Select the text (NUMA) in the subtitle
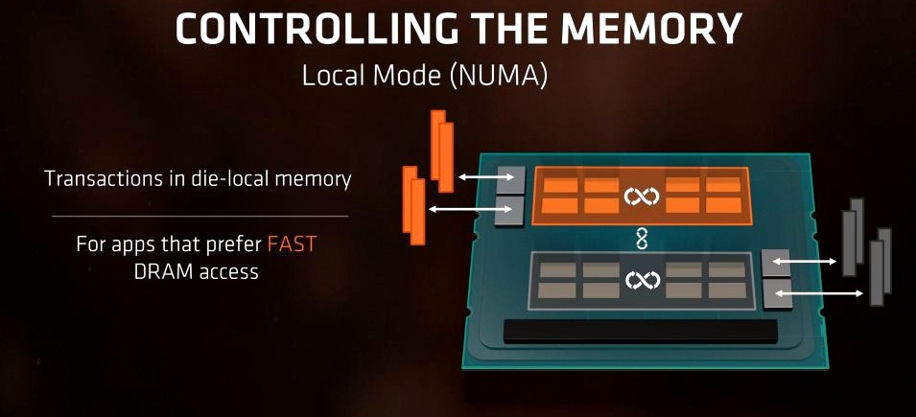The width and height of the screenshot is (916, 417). (499, 77)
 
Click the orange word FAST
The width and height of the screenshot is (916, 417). (291, 243)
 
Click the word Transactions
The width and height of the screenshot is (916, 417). (106, 178)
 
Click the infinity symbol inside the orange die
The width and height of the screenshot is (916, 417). (642, 197)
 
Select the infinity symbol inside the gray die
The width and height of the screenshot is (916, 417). (642, 280)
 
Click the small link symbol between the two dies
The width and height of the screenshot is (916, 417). (642, 239)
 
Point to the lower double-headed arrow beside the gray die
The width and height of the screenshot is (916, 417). (820, 293)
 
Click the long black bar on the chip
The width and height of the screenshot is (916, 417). (641, 331)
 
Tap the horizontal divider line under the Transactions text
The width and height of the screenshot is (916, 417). (200, 216)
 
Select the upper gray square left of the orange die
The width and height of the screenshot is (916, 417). (510, 181)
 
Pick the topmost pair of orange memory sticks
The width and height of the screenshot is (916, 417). (441, 151)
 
